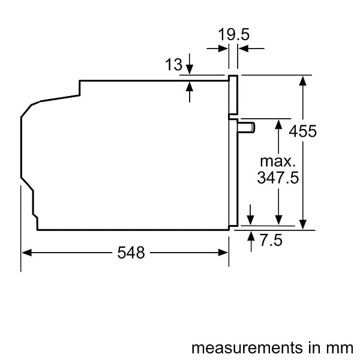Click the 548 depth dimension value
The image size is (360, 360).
point(130,253)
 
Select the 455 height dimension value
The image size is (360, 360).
point(302,131)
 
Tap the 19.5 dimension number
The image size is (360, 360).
point(233,35)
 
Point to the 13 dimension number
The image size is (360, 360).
point(173,65)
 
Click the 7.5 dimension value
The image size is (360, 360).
point(271,241)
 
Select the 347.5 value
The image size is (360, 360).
point(278,178)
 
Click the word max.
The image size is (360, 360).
point(277,161)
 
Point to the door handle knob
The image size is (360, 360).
point(247,127)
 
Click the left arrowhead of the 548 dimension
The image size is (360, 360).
point(26,253)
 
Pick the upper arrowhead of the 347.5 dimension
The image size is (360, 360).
point(278,123)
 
